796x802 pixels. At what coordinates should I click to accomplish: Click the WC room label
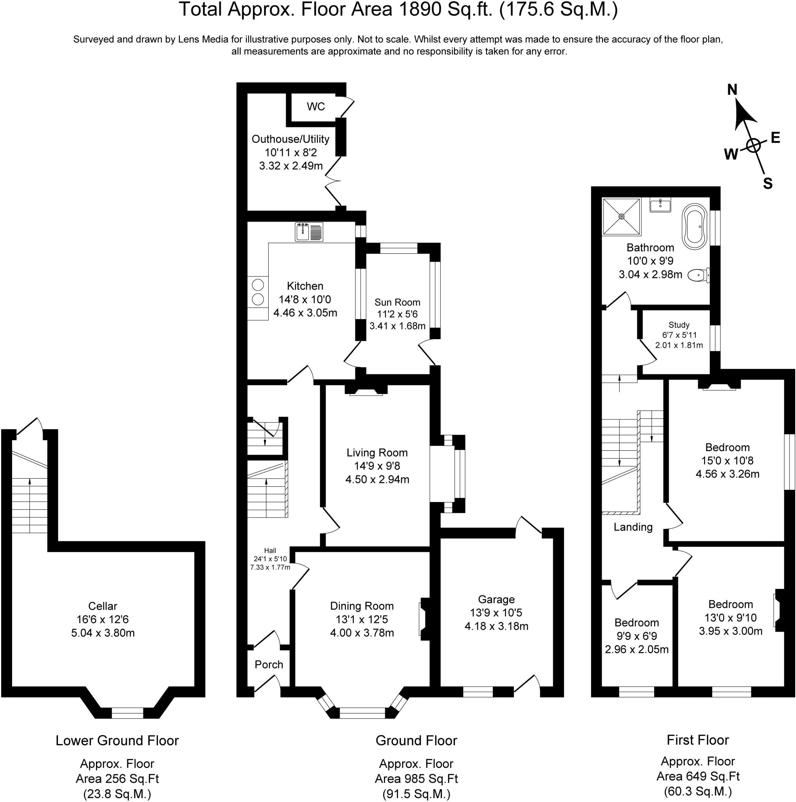coord(316,107)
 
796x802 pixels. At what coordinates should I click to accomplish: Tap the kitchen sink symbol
coord(309,232)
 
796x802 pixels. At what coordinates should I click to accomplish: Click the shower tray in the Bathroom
coord(621,216)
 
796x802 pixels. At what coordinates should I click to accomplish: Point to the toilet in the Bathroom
coord(699,275)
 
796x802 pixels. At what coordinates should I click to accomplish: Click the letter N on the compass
coord(732,90)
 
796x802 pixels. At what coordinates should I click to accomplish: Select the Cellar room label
coord(103,606)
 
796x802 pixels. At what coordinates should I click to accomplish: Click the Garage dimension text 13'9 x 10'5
coord(496,613)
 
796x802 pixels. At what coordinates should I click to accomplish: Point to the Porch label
coord(269,665)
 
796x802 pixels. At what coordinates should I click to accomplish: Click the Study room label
coord(679,325)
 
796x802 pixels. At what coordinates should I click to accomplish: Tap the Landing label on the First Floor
coord(633,527)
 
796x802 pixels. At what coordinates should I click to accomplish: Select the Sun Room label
coord(397,302)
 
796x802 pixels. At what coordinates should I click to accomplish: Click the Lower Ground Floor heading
coord(117,741)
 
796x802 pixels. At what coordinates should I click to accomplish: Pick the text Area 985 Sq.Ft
coord(416,779)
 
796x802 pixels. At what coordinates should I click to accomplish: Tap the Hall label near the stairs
coord(270,551)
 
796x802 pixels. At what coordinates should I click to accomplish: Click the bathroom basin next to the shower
coord(660,205)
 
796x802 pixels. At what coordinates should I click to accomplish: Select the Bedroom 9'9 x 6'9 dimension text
coord(637,636)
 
